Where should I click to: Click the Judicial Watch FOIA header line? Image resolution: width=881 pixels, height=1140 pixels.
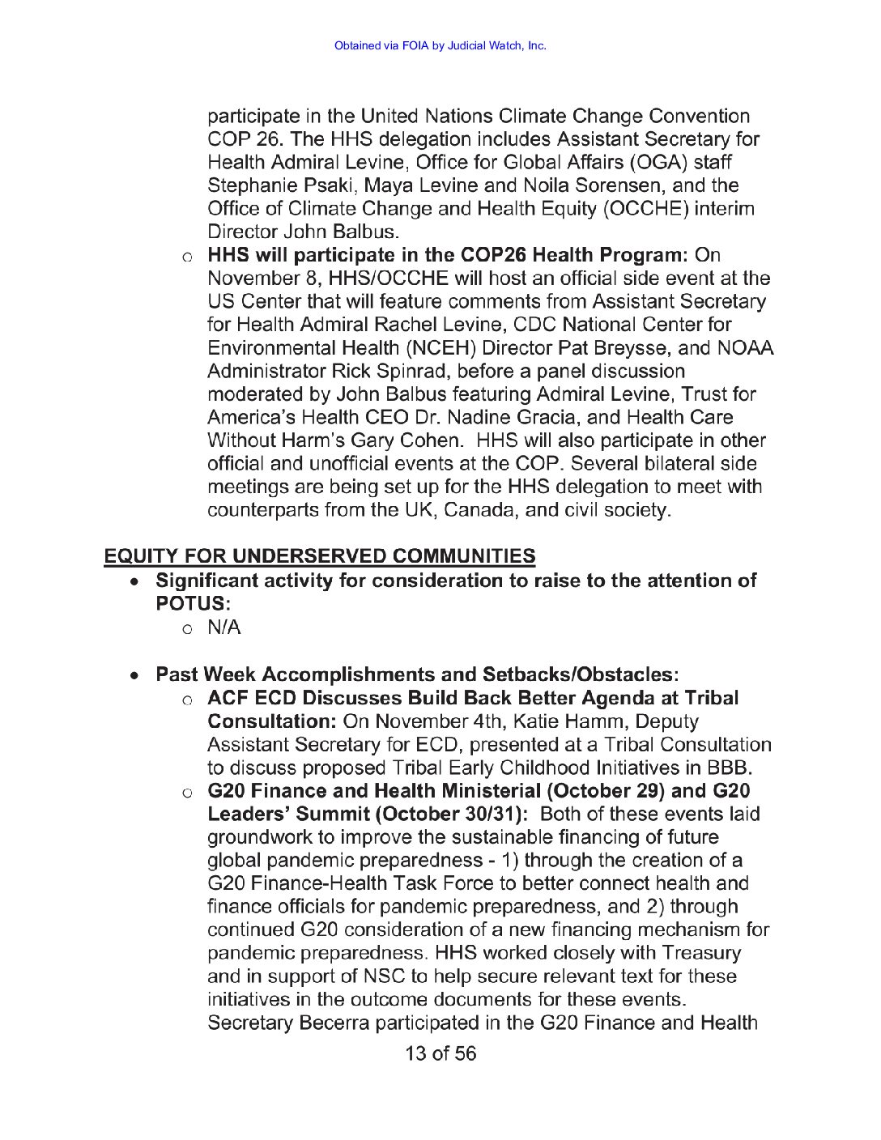[440, 45]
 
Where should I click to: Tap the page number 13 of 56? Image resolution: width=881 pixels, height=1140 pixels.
[440, 1053]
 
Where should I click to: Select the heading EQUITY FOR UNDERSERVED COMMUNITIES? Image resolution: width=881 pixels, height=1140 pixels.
[320, 556]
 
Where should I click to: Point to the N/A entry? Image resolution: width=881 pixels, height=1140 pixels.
[224, 627]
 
